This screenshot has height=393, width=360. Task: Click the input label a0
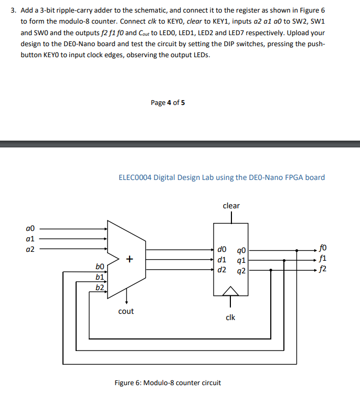coord(29,229)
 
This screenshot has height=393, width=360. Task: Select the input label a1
coord(29,239)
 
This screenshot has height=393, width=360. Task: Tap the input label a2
coord(29,249)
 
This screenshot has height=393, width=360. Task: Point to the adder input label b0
coord(100,268)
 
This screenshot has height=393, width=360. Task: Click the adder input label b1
coord(100,278)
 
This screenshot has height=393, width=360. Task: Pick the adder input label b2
coord(100,288)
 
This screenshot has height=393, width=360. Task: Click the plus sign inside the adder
coord(130,259)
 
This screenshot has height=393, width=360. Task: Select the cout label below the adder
coord(126,311)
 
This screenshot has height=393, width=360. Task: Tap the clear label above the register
coord(231,206)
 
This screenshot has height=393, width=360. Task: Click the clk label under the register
coord(230,317)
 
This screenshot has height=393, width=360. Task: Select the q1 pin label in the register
coord(241,260)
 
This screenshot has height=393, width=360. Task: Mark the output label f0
coord(322,250)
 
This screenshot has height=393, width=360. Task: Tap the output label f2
coord(322,270)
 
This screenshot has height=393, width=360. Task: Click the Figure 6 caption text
coord(167,383)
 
